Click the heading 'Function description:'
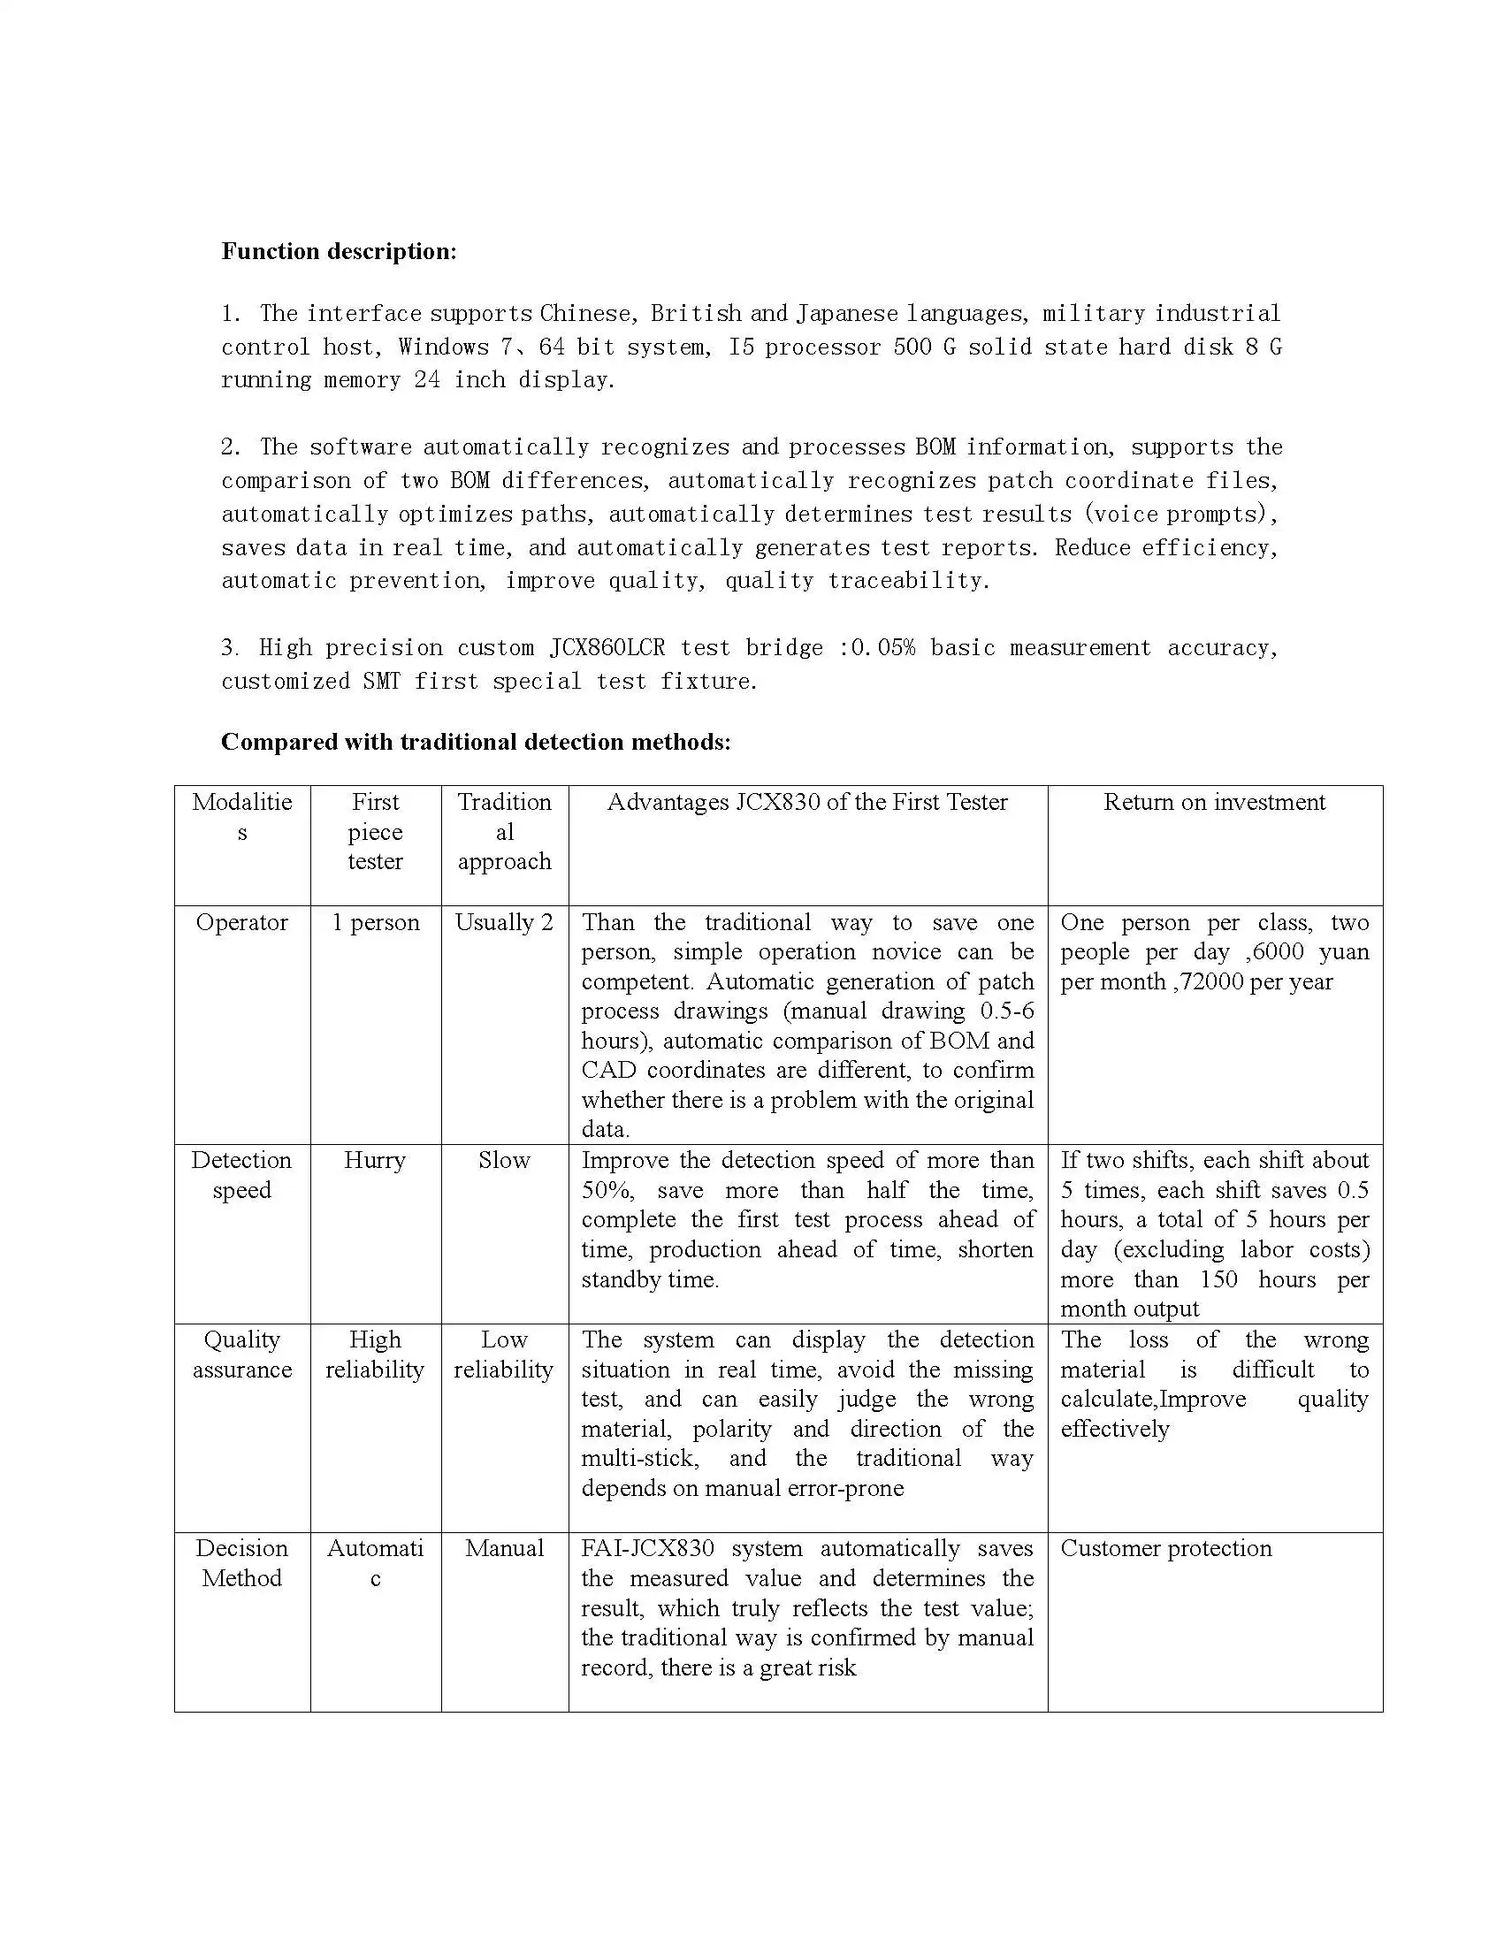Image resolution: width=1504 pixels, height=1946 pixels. point(339,251)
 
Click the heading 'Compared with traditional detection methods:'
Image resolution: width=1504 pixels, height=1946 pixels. point(476,741)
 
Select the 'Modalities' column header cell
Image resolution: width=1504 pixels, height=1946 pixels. point(241,817)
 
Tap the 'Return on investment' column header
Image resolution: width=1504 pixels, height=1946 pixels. point(1213,802)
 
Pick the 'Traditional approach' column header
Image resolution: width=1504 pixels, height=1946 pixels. point(504,831)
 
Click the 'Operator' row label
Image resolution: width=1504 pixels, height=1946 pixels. point(241,922)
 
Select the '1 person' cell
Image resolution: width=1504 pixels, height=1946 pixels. point(375,922)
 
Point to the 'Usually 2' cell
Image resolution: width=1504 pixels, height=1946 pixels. point(504,922)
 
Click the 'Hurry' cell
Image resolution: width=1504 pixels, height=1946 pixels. point(374,1160)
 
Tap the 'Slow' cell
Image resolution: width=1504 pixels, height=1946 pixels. point(504,1160)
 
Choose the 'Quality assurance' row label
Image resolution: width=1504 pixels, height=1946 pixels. point(241,1355)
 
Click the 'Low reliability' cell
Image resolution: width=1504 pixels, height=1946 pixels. point(504,1355)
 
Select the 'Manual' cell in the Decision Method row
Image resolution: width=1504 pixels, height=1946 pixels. point(504,1549)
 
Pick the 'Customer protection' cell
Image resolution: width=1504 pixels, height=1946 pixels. point(1165,1549)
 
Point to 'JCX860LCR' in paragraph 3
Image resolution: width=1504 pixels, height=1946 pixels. point(607,648)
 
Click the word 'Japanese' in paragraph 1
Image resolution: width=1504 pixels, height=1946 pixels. point(846,314)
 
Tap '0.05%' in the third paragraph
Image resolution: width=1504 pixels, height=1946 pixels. point(883,648)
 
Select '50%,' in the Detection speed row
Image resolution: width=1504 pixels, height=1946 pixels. point(608,1190)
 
